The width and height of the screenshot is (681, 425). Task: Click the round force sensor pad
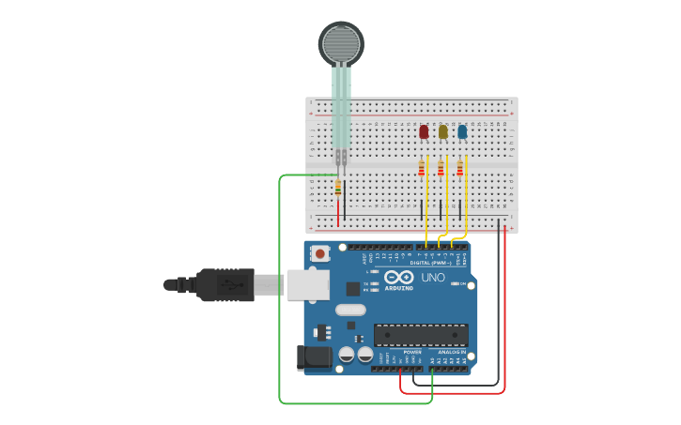(x=340, y=43)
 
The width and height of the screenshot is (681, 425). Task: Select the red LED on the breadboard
(x=424, y=131)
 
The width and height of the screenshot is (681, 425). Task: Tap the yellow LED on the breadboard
(x=443, y=131)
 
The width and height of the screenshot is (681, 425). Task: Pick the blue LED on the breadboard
(x=462, y=131)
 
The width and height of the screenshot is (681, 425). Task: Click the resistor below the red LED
(x=422, y=169)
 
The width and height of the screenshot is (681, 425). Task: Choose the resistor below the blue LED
(x=459, y=169)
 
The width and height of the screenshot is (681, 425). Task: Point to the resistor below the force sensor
(x=338, y=188)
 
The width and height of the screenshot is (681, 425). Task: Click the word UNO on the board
(x=433, y=278)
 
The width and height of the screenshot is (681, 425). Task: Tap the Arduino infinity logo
(x=398, y=277)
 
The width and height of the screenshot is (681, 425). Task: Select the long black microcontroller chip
(x=421, y=334)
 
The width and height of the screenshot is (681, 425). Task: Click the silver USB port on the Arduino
(x=307, y=283)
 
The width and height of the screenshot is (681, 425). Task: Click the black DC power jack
(x=314, y=357)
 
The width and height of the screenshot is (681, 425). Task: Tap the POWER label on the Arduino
(x=400, y=352)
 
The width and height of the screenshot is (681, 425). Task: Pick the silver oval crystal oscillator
(x=349, y=311)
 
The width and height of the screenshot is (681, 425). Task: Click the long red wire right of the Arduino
(x=504, y=310)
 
